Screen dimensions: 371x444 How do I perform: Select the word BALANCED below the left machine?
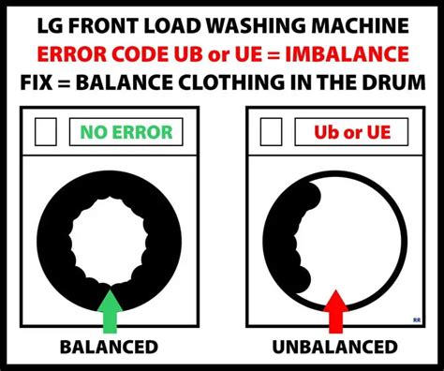[x=109, y=348]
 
